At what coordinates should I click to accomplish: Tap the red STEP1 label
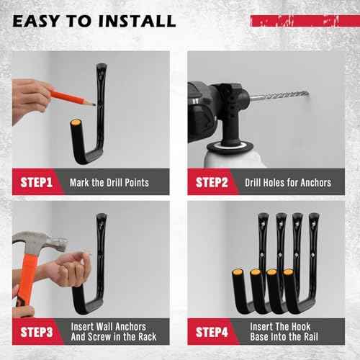pos(35,182)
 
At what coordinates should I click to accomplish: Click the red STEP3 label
pos(35,332)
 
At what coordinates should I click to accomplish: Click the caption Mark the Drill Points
pos(109,182)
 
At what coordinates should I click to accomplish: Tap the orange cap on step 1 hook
pos(75,126)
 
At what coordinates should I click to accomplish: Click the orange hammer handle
pos(27,284)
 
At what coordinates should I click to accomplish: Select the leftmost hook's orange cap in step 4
pos(237,273)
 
